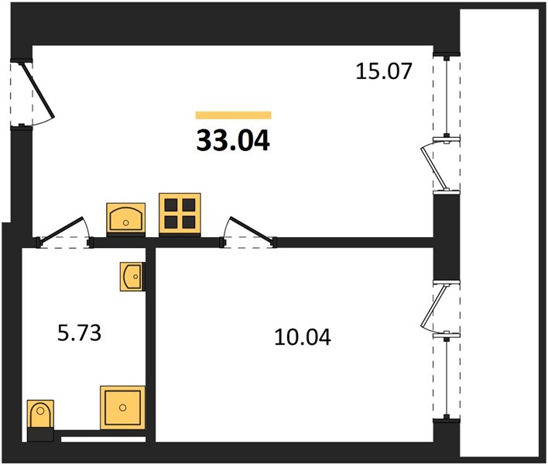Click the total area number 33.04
pos(233,140)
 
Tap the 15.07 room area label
pos(384,71)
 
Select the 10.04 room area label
pos(303,337)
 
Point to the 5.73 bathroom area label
pos(79,332)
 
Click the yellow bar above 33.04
pos(234,115)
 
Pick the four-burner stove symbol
pos(180,213)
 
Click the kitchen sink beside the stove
pos(126,218)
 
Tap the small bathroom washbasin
pos(132,277)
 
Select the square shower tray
pos(122,408)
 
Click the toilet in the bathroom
pos(40,415)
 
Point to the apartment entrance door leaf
pos(39,90)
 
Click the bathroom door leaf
pos(63,229)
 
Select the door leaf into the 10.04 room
pos(252,229)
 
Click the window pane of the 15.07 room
pos(447,96)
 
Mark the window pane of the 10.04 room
pos(447,377)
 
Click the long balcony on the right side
pos(499,233)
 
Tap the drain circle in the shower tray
pos(122,408)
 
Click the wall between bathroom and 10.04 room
pos(150,345)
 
